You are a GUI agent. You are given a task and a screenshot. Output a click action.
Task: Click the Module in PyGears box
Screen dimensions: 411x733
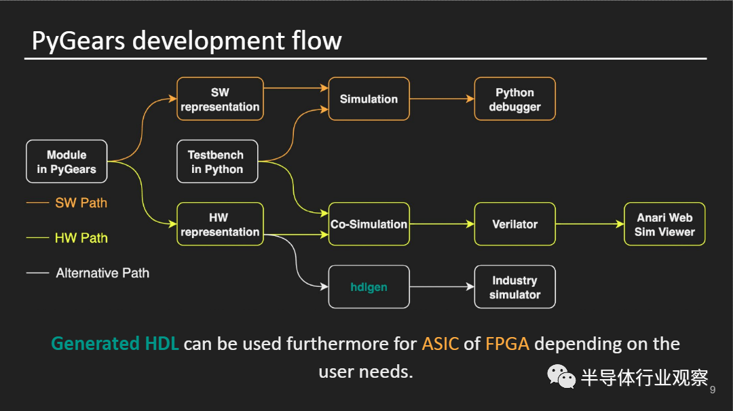point(67,161)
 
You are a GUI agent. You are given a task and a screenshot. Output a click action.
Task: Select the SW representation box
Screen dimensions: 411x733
point(220,99)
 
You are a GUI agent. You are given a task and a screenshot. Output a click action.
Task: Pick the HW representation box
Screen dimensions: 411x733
point(220,224)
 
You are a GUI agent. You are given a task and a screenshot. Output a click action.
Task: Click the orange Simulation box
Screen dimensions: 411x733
point(369,99)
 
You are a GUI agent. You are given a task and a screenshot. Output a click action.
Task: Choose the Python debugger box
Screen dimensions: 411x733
point(514,99)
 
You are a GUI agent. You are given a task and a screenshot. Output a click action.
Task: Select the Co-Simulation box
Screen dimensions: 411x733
point(369,224)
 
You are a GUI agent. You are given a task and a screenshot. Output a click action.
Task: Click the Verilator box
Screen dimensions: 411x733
point(514,224)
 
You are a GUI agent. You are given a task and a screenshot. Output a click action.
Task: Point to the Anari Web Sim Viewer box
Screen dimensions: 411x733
point(664,224)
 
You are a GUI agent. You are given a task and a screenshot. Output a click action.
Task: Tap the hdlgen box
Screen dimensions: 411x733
point(369,287)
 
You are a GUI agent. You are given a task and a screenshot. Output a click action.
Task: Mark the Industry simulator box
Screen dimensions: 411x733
point(514,287)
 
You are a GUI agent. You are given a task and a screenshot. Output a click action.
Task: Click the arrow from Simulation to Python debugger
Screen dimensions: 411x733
point(442,99)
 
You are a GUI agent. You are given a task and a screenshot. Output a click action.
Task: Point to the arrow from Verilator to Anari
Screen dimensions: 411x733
point(589,224)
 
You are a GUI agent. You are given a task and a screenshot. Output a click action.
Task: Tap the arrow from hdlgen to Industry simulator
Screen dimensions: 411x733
point(442,287)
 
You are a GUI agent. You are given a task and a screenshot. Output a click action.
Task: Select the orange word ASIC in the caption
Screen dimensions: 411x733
point(440,344)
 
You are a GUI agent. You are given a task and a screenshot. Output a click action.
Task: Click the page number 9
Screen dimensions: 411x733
point(713,390)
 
